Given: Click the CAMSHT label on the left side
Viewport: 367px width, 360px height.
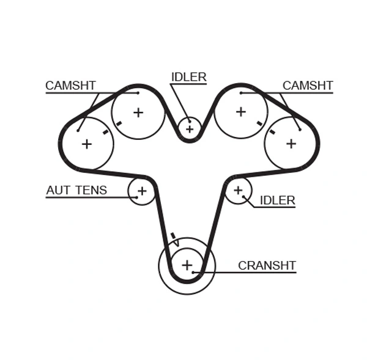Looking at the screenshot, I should point(70,86).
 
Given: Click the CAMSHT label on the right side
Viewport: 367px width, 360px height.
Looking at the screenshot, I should point(307,86).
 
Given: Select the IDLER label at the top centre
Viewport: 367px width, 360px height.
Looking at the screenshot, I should point(188,77).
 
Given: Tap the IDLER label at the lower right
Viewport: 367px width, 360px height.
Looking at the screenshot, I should point(277,200).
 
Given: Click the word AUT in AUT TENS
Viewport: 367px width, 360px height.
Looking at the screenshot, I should point(58,190).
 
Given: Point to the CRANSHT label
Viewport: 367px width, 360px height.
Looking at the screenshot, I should point(267,266).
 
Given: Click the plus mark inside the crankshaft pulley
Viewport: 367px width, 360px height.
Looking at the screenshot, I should point(187,265).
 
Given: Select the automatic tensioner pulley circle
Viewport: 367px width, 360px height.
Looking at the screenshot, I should point(141,191).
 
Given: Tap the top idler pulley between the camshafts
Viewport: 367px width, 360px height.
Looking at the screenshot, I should point(190,128).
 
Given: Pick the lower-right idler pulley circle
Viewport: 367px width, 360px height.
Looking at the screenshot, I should point(238,190).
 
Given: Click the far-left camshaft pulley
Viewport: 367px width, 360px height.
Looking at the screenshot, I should point(87,144).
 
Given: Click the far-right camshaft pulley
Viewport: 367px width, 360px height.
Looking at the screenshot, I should point(291,144).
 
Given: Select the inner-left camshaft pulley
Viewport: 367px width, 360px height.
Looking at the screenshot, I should point(138,112).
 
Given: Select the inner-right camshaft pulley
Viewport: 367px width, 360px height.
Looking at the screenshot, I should point(240,112).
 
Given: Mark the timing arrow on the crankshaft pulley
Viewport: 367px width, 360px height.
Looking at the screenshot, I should point(174,239).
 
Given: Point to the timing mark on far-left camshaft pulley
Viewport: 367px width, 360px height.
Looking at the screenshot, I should point(106,131).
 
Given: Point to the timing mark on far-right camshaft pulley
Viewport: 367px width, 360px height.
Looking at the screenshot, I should point(272,131).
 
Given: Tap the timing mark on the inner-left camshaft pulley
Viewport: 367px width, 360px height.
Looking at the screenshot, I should point(119,123).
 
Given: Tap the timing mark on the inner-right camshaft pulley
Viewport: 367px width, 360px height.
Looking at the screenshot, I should point(259,123).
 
